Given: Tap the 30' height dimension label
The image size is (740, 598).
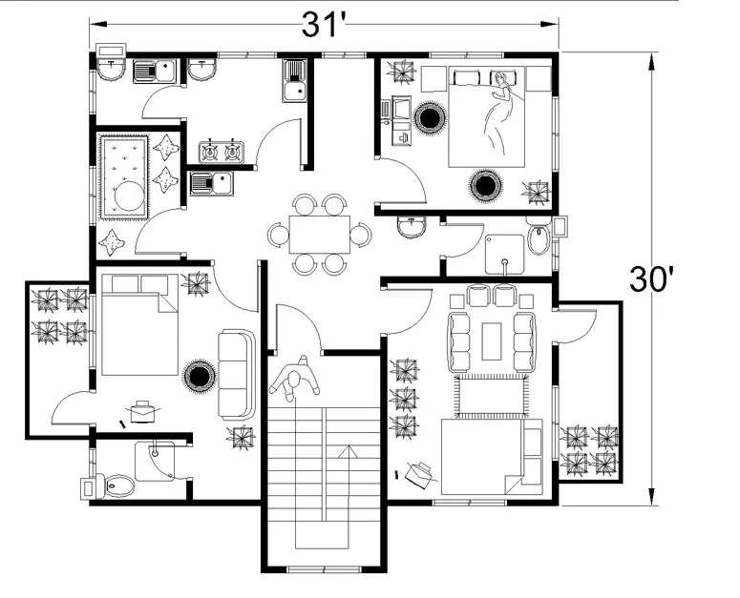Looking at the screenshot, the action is tap(654, 279).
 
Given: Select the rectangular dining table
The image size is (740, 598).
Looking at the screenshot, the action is tap(320, 235).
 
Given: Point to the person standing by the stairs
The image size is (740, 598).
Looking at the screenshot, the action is tap(294, 379).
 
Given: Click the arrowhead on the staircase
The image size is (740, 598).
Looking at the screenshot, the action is tap(348, 451).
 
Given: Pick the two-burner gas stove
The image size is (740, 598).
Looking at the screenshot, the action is tap(221, 152).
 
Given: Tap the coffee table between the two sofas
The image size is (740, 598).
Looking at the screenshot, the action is tap(492, 340).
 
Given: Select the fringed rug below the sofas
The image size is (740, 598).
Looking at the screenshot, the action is tap(491, 396).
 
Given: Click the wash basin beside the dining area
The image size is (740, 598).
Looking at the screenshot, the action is tap(412, 226).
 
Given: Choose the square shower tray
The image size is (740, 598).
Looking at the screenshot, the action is tap(504, 254).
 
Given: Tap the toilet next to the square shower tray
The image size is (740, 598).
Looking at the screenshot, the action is tap(538, 239).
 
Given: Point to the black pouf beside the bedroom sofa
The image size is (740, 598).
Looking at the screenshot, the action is tap(200, 376).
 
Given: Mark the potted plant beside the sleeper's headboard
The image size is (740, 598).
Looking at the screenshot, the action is tap(402, 72).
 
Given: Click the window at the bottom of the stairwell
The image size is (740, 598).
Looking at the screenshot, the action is tap(324, 569).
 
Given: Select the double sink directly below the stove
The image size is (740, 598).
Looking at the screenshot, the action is tap(211, 183).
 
